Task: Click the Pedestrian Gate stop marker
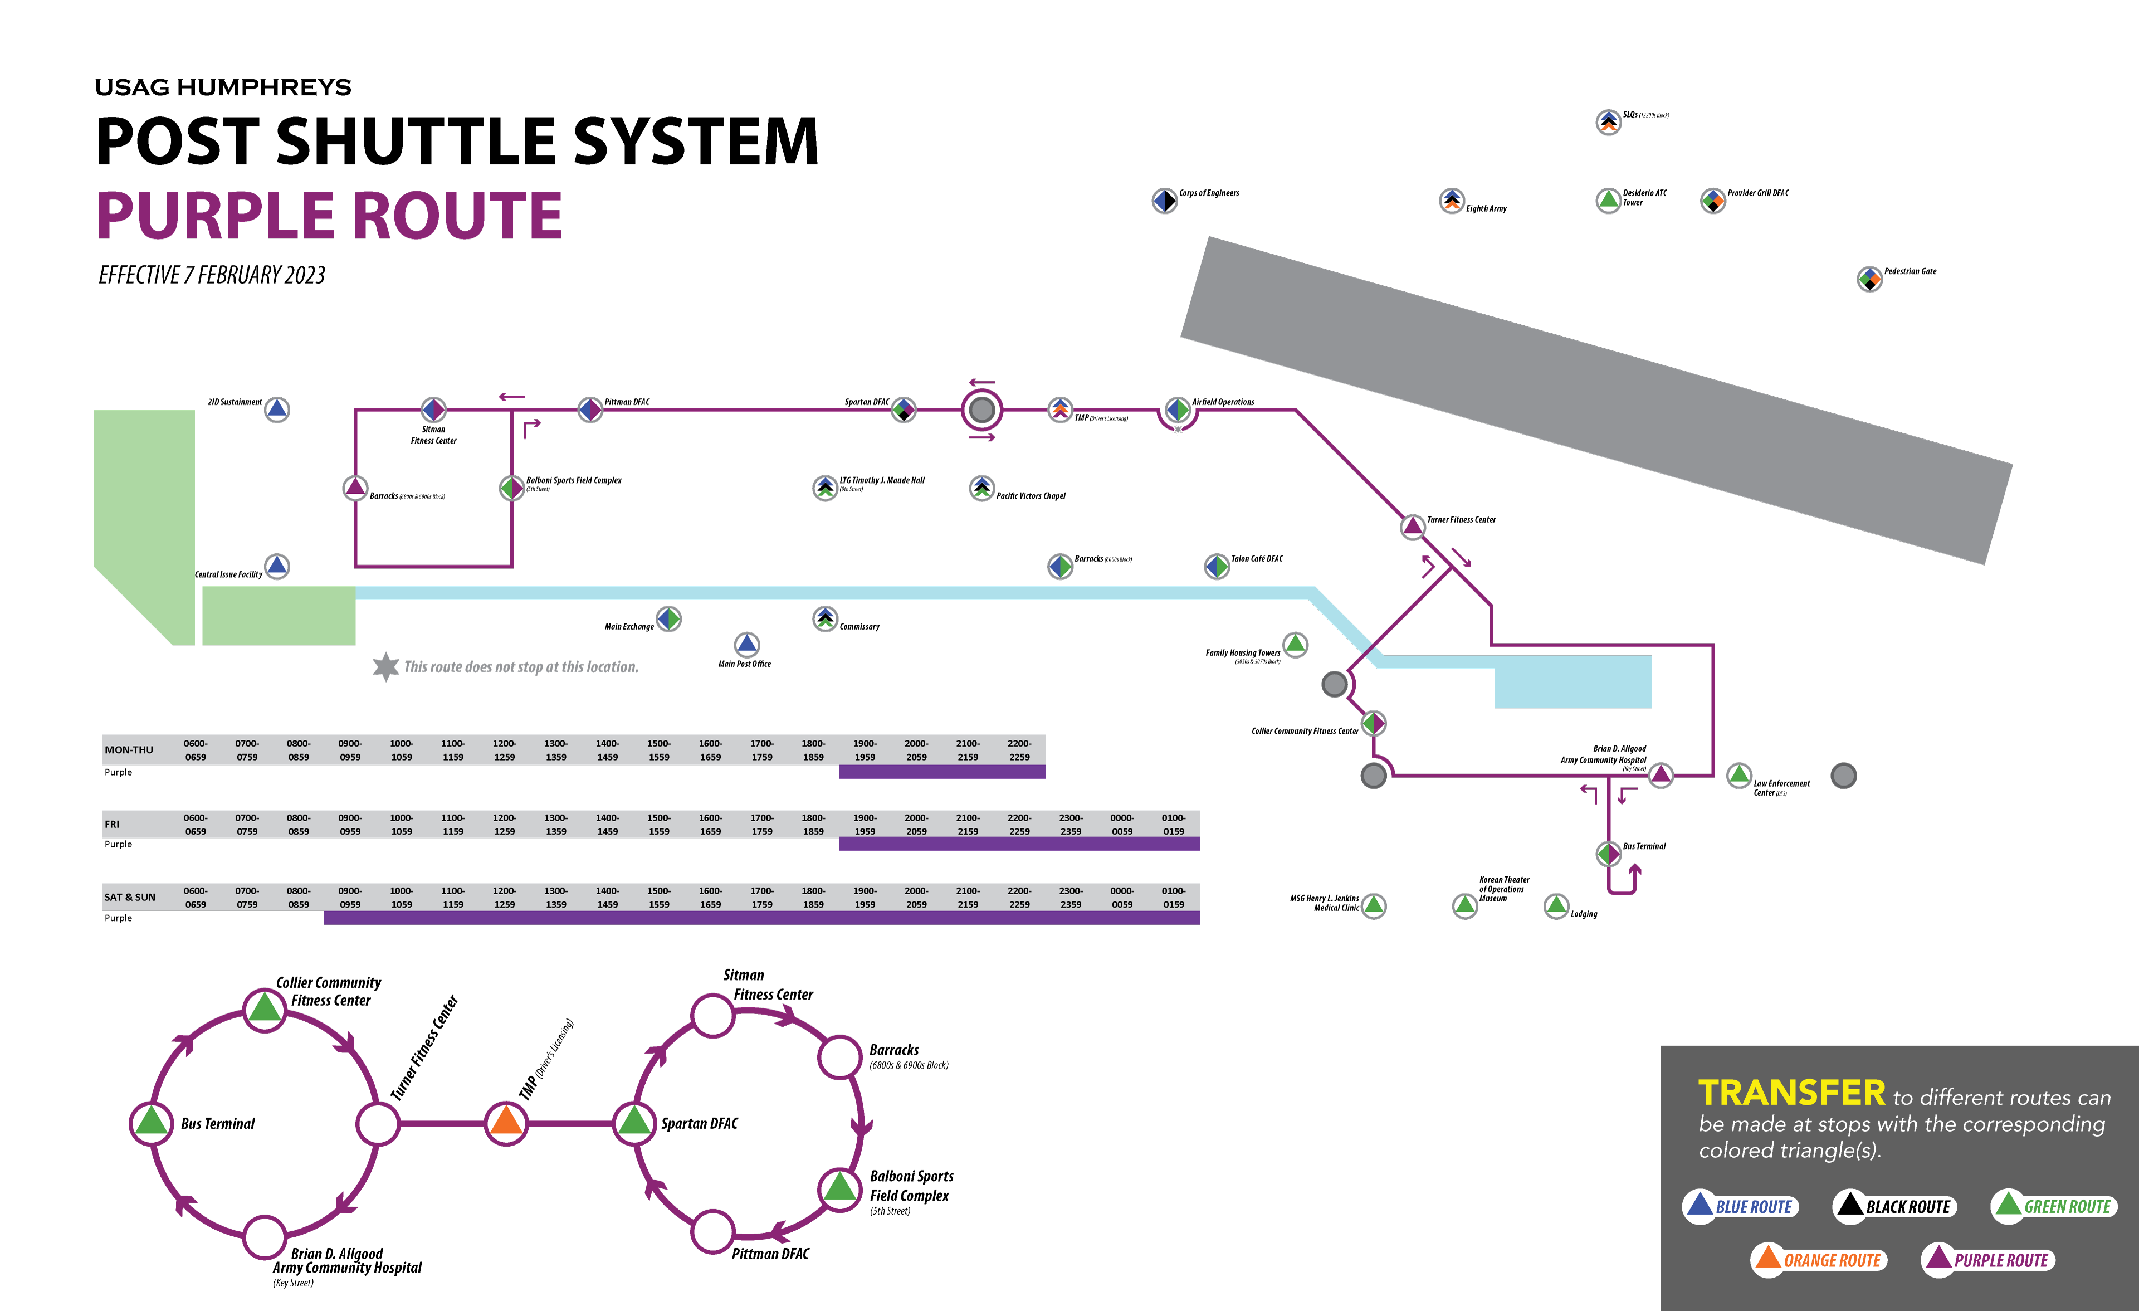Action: (1869, 279)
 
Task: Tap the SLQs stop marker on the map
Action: (1608, 121)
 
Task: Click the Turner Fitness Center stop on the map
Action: (1413, 526)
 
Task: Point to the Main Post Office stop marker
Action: (746, 644)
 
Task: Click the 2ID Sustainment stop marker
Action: (277, 409)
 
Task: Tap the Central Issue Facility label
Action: (228, 575)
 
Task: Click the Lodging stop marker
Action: (1556, 905)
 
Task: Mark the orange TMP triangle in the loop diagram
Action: (506, 1123)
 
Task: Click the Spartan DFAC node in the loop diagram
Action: (634, 1123)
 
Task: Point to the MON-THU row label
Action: (129, 750)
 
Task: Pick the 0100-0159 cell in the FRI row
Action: (1173, 825)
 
